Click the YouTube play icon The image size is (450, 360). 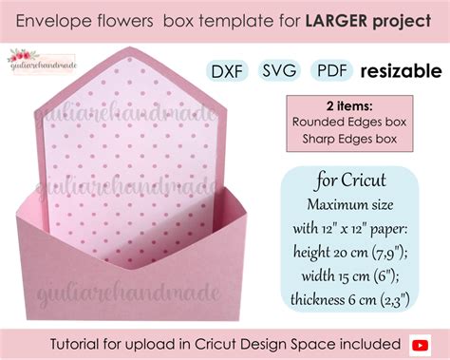(425, 340)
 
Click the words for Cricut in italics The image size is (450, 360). (349, 181)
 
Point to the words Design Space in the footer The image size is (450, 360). (288, 341)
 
